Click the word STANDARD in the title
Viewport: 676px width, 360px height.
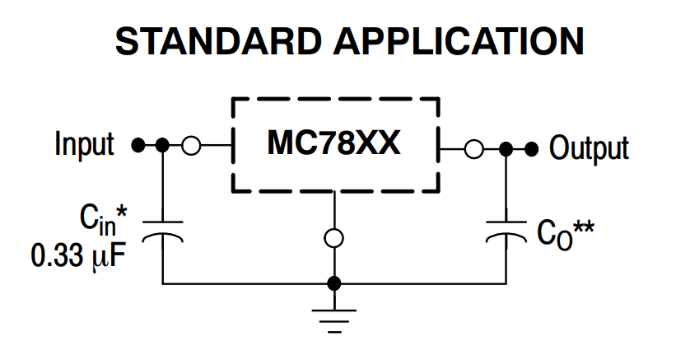pyautogui.click(x=218, y=41)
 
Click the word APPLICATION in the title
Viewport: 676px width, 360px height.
pyautogui.click(x=459, y=41)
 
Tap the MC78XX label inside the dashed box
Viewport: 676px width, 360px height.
pyautogui.click(x=333, y=143)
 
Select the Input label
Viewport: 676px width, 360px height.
pyautogui.click(x=85, y=143)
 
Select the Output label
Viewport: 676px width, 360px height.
pyautogui.click(x=589, y=147)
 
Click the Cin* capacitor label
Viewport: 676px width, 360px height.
pyautogui.click(x=104, y=220)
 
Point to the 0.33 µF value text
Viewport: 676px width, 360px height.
pyautogui.click(x=78, y=255)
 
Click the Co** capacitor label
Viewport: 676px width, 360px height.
pyautogui.click(x=565, y=234)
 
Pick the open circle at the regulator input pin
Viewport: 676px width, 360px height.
pyautogui.click(x=191, y=146)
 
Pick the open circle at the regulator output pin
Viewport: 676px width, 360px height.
pyautogui.click(x=473, y=149)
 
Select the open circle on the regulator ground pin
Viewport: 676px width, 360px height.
pyautogui.click(x=334, y=238)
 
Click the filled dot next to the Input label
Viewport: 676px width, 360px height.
pyautogui.click(x=138, y=145)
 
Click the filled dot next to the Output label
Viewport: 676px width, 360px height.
pyautogui.click(x=532, y=149)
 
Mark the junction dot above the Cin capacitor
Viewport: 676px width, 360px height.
pyautogui.click(x=162, y=145)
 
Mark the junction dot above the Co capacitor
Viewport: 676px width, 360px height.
pyautogui.click(x=506, y=149)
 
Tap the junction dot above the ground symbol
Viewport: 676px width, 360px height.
pyautogui.click(x=334, y=283)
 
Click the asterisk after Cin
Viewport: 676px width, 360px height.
pyautogui.click(x=122, y=211)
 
